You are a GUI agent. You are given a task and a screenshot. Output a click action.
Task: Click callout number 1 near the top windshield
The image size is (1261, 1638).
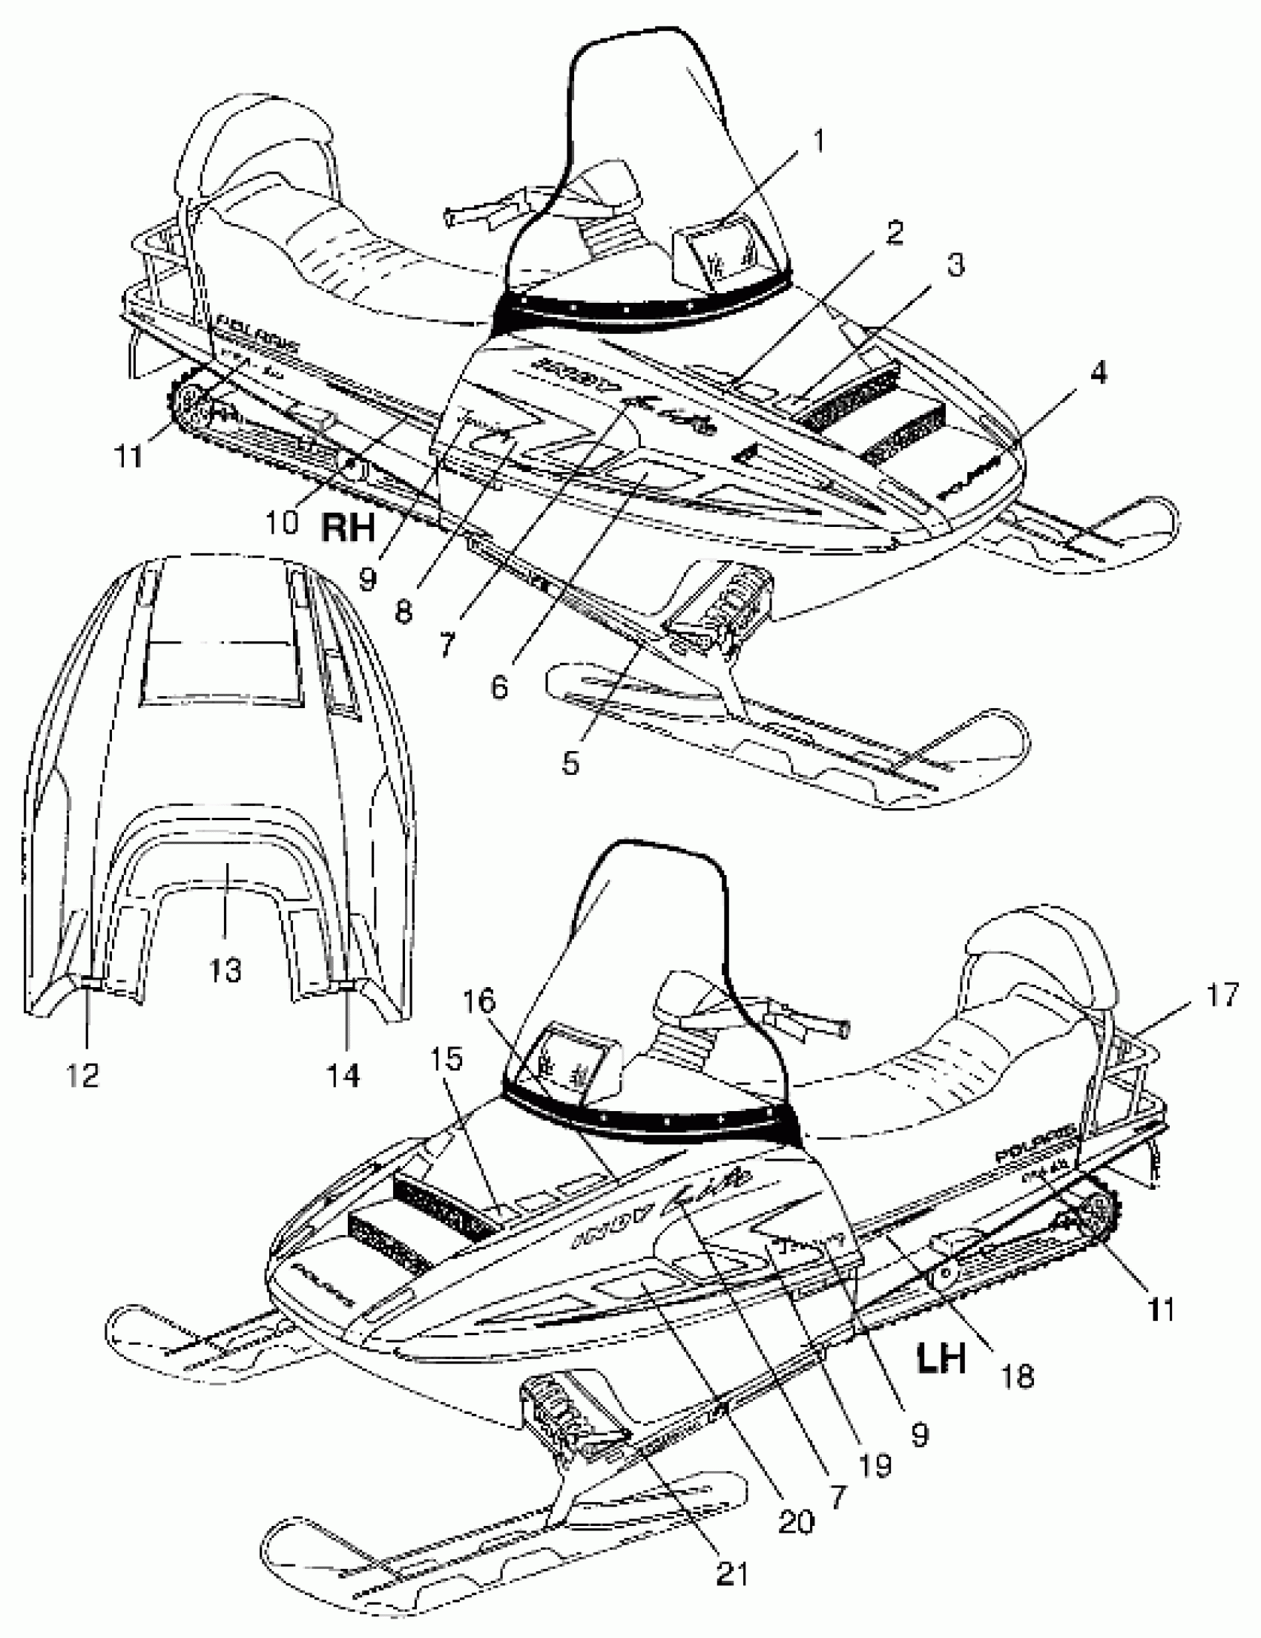818,140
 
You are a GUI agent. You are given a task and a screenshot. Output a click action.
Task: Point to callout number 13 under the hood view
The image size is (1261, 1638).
225,970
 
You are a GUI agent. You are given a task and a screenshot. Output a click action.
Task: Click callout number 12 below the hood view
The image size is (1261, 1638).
82,1075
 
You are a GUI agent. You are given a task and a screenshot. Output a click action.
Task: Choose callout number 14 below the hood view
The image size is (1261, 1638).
343,1075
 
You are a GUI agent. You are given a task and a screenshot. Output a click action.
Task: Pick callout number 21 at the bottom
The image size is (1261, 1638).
732,1576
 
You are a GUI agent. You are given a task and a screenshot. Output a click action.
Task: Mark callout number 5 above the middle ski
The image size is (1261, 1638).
570,762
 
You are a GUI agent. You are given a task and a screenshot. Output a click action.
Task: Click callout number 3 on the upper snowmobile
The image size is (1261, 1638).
955,265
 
